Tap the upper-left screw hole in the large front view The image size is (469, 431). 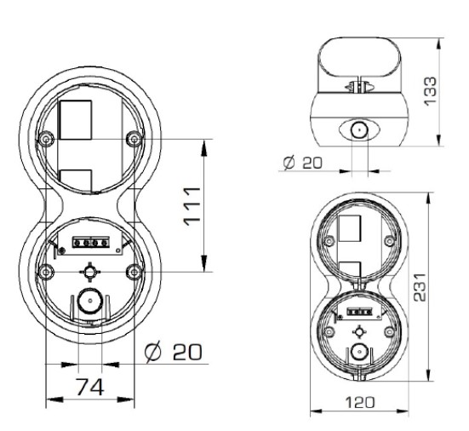[43, 137]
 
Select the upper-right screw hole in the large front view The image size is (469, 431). [131, 137]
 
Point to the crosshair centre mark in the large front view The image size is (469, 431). [88, 271]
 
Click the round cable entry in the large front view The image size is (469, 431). [88, 302]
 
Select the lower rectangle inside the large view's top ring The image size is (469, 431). [77, 181]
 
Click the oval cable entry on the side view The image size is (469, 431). [357, 130]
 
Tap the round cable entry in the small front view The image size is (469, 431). [358, 351]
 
